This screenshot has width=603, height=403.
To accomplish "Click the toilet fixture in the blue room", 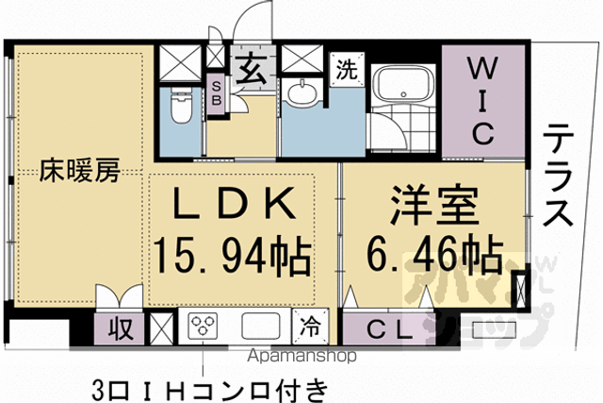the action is [x=181, y=105].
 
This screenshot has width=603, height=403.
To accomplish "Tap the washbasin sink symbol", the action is [x=302, y=92].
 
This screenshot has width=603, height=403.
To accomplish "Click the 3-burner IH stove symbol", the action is [x=203, y=326].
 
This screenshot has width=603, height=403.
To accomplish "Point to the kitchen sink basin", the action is [x=261, y=326].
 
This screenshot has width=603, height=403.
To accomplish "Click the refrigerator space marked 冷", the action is [x=310, y=327].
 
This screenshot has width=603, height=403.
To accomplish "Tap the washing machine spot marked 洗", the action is [x=347, y=69].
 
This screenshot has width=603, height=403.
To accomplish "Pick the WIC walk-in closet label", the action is [x=483, y=101].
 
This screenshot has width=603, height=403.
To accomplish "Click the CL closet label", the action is [x=390, y=330].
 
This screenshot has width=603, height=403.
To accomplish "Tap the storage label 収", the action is [x=121, y=328].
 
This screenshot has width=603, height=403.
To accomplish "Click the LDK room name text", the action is [x=235, y=203].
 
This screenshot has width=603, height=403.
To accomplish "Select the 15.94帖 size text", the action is [x=233, y=255].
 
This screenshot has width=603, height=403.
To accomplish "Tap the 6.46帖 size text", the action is [x=434, y=254].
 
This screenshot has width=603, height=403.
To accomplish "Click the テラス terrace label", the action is [x=558, y=176].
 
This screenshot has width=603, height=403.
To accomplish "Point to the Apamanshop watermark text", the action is [x=301, y=356].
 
